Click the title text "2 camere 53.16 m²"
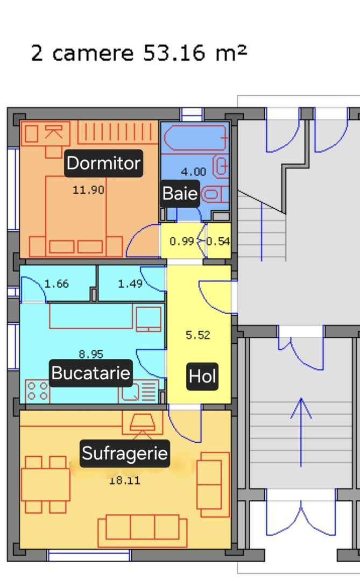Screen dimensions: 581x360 click(139, 53)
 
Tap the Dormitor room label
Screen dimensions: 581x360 click(103, 163)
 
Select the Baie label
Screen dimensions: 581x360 click(180, 193)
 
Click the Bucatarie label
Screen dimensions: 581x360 click(91, 373)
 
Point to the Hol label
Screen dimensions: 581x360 click(202, 377)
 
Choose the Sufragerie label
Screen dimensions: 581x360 click(125, 454)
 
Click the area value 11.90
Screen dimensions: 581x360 click(88, 190)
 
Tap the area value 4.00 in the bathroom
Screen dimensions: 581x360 click(193, 172)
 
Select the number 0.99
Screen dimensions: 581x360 click(181, 242)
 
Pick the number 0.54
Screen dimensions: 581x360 click(218, 242)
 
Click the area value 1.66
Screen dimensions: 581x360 click(57, 284)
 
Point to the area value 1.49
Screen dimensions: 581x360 click(130, 284)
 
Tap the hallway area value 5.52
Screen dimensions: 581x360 click(197, 335)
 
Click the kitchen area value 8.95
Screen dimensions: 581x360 click(91, 355)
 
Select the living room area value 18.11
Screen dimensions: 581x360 click(124, 480)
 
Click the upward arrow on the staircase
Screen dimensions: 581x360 click(300, 430)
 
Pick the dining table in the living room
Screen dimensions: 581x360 click(45, 485)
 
